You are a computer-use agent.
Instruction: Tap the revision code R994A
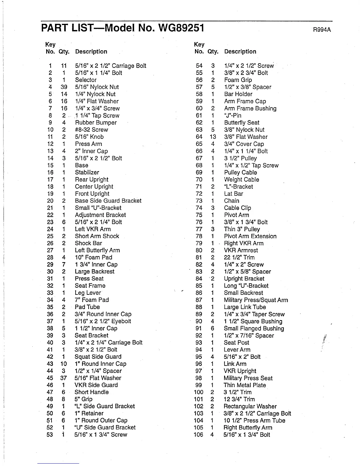322,30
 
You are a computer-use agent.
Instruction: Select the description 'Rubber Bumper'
96,123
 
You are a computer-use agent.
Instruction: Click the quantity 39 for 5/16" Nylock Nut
64,87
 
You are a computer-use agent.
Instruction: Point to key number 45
50,378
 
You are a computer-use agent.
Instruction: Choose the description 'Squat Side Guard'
98,357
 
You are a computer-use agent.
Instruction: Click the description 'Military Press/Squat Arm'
256,300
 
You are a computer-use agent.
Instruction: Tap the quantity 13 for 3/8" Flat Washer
213,137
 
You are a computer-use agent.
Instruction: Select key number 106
199,435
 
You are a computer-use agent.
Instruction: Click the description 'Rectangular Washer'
250,406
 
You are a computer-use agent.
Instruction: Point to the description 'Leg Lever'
88,293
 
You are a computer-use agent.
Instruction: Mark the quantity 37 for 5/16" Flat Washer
64,378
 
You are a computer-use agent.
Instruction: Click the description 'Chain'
231,201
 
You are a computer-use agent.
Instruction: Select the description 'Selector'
86,80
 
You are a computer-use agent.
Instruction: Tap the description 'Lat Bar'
234,194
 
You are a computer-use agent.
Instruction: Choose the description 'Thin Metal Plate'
245,385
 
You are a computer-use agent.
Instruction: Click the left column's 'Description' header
91,52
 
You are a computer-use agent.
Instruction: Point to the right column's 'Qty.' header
213,52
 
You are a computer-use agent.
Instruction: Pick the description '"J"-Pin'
233,116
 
